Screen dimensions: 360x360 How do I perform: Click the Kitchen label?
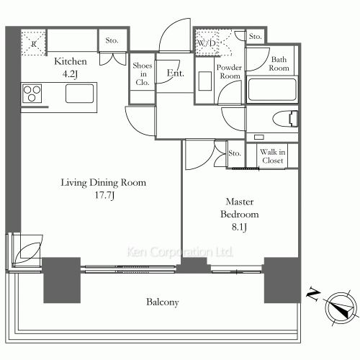71,61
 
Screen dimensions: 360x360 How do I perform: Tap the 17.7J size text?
104,195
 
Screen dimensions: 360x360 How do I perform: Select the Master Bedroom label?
240,208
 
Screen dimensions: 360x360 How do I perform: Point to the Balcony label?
163,302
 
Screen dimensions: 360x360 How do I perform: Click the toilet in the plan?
285,118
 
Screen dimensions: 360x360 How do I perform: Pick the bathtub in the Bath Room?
272,89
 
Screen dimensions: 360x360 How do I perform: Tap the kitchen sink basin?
79,94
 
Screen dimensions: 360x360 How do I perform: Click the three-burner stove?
32,93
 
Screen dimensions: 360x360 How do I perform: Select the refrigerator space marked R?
34,43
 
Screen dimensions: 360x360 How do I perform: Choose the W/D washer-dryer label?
206,43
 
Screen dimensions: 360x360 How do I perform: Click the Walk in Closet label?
273,156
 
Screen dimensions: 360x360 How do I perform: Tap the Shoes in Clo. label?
143,74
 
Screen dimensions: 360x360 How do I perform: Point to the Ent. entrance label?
176,73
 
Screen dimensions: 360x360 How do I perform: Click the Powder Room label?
229,71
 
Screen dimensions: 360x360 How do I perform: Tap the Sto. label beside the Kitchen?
112,40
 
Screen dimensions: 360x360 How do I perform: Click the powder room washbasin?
205,81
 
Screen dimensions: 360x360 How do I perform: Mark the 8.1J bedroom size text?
239,227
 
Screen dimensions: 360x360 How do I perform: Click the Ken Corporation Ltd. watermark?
180,252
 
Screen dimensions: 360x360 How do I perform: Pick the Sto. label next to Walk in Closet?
235,153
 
